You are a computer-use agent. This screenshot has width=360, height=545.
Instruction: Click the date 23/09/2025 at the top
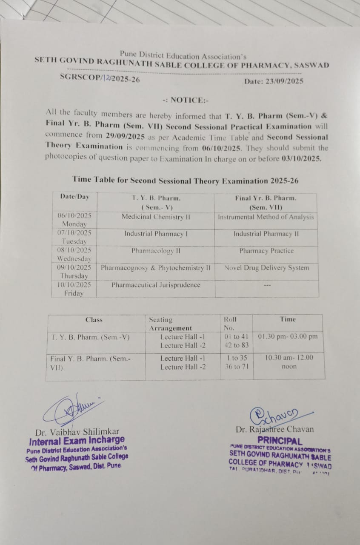pyautogui.click(x=285, y=81)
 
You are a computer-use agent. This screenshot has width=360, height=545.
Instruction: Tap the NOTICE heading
pyautogui.click(x=186, y=100)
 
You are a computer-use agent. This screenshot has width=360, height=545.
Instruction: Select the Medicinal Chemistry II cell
pyautogui.click(x=156, y=217)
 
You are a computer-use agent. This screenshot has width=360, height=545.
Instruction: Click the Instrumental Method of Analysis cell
pyautogui.click(x=266, y=217)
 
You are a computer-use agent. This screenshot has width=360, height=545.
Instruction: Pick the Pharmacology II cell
pyautogui.click(x=156, y=251)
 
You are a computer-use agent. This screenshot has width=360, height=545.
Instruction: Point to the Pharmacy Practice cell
pyautogui.click(x=266, y=251)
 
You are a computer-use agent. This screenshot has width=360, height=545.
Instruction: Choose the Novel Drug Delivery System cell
pyautogui.click(x=267, y=268)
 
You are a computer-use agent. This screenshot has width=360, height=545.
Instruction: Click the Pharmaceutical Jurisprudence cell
pyautogui.click(x=156, y=285)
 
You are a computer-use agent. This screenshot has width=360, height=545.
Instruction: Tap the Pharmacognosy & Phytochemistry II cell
pyautogui.click(x=156, y=268)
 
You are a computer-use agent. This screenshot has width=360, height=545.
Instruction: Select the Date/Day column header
pyautogui.click(x=75, y=197)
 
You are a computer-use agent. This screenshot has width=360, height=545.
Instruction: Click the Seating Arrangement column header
pyautogui.click(x=170, y=324)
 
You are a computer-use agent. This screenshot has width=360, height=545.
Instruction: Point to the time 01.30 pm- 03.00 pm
pyautogui.click(x=288, y=336)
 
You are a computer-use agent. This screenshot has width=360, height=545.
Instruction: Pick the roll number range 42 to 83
pyautogui.click(x=237, y=345)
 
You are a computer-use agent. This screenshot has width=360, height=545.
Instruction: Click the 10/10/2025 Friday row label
pyautogui.click(x=74, y=289)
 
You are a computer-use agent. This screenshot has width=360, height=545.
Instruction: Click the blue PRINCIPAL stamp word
pyautogui.click(x=280, y=441)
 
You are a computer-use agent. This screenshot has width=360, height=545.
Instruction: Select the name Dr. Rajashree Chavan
pyautogui.click(x=274, y=429)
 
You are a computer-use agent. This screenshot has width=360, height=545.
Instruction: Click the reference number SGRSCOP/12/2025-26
pyautogui.click(x=100, y=78)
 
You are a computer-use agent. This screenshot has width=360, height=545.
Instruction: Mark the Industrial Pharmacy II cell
pyautogui.click(x=266, y=234)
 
